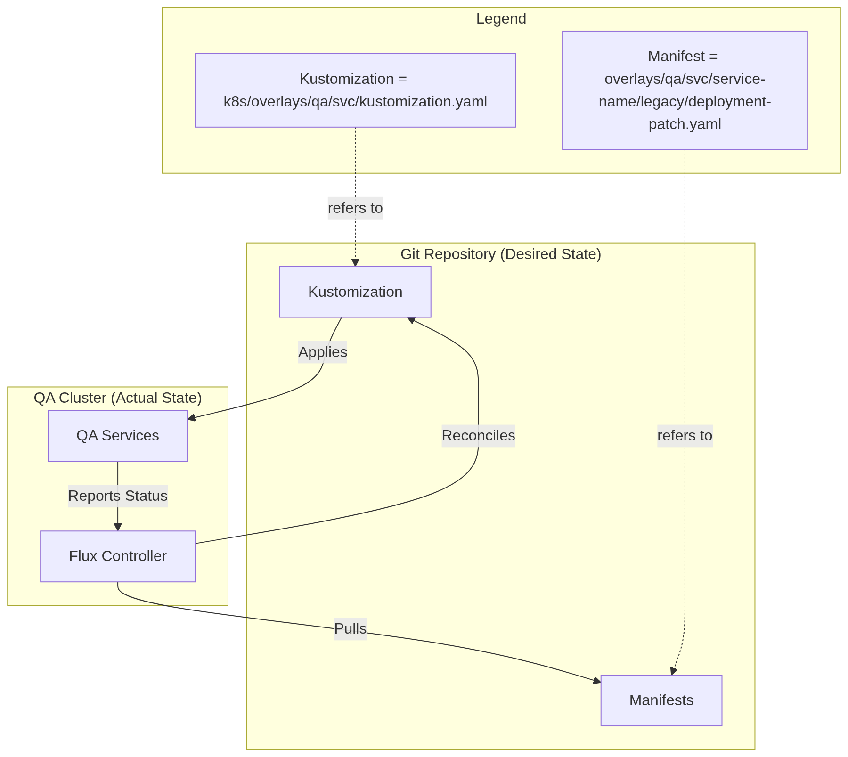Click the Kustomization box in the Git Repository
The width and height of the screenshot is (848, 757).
tap(355, 292)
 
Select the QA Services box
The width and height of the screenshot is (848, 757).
tap(118, 436)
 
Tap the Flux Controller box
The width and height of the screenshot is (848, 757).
tap(118, 556)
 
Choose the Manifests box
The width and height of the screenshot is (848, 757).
tap(661, 700)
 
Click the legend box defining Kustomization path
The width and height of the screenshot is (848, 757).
tap(355, 90)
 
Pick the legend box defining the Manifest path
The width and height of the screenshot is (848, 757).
tap(685, 90)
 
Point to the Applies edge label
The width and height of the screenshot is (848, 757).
tap(323, 352)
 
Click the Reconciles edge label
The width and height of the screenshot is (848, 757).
tap(478, 436)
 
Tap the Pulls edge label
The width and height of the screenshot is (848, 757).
tap(350, 629)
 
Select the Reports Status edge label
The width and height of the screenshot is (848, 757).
tap(118, 496)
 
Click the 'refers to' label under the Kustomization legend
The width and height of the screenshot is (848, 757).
tap(355, 208)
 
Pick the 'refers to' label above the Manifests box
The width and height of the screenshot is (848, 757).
tap(685, 436)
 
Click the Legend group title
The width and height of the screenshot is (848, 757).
tap(501, 19)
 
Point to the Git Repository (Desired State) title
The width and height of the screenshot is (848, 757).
tap(500, 254)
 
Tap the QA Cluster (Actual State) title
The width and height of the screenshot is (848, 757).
tap(118, 398)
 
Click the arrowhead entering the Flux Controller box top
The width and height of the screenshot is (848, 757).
tap(118, 527)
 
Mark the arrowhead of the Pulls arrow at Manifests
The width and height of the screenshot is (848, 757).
tap(597, 680)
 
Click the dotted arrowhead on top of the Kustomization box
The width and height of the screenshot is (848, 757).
tap(355, 263)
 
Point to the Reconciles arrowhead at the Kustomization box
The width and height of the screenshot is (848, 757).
tap(411, 320)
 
